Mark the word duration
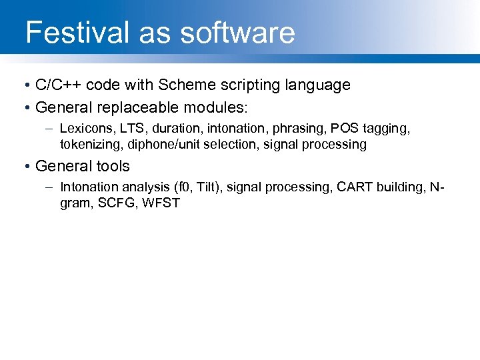pyautogui.click(x=172, y=128)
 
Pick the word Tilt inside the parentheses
pyautogui.click(x=207, y=187)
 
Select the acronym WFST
pyautogui.click(x=163, y=203)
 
